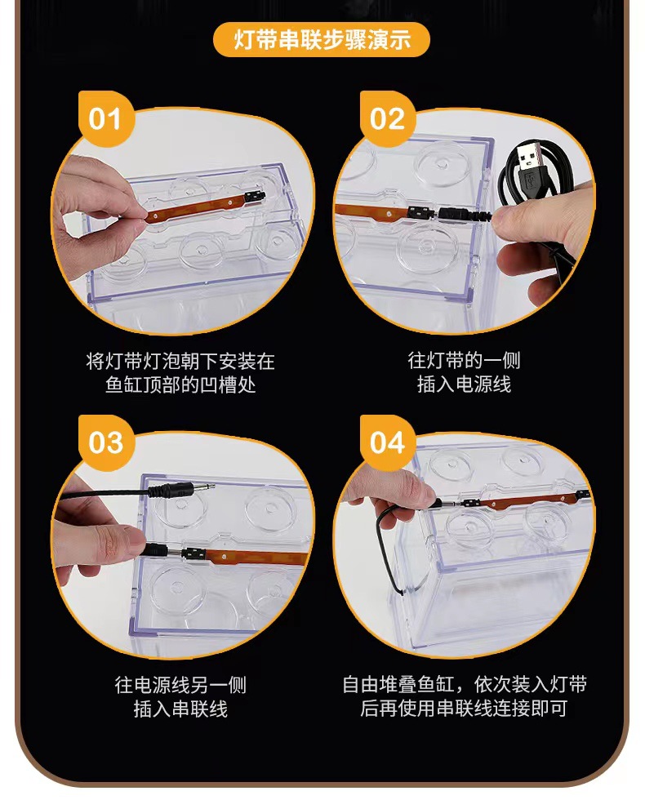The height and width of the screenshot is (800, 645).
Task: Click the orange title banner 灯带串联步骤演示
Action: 322,39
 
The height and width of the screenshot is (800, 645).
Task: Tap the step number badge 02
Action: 387,119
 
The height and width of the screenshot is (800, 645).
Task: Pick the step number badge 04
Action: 387,442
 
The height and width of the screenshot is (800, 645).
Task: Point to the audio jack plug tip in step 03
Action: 203,487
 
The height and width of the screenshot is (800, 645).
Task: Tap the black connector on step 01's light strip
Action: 255,197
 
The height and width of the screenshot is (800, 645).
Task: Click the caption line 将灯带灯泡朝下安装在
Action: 180,361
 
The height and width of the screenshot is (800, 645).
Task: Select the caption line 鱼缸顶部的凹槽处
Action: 180,385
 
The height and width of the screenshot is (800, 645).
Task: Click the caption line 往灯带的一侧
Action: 464,360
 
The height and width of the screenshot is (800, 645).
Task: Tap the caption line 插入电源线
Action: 464,384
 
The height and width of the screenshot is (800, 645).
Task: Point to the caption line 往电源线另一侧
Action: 180,685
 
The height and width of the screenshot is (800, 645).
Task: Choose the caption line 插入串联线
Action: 180,709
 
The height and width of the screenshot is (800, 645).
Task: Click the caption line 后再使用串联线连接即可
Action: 464,709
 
